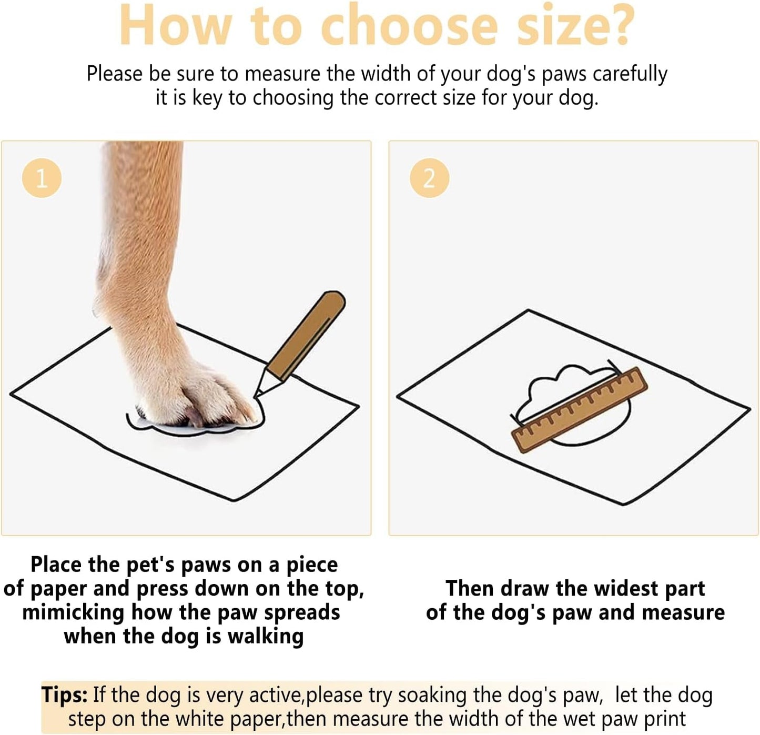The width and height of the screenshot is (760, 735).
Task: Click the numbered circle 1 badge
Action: coord(42,178)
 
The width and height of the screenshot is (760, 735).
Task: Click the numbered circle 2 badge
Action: coord(429,178)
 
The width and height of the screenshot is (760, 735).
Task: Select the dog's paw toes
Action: coord(210,405)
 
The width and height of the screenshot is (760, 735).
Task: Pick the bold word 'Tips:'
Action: coord(65,695)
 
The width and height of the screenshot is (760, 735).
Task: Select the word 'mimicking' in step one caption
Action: coord(73,613)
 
